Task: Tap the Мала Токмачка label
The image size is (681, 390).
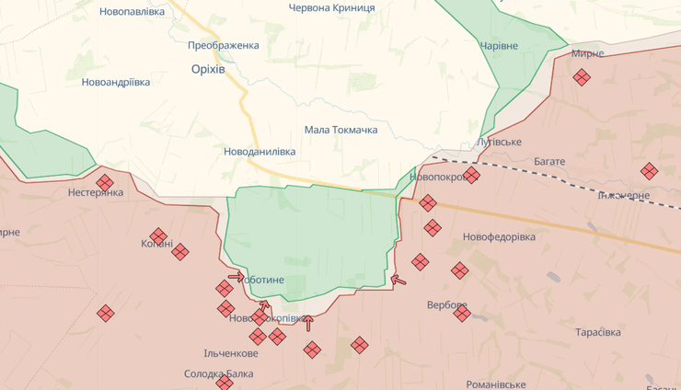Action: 340,130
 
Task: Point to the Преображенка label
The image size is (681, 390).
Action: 223,45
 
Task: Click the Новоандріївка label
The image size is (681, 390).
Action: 116,82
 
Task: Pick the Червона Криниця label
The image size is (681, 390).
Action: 331,7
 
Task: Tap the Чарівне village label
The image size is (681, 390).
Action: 499,46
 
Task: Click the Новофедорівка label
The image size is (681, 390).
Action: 499,236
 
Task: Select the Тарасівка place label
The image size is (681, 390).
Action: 597,332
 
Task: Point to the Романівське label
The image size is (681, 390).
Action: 496,384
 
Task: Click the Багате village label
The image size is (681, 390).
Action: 549,161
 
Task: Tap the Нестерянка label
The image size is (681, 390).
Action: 96,193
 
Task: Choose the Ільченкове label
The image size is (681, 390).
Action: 231,353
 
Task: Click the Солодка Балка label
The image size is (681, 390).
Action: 218,374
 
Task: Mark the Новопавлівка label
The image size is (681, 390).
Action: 132,11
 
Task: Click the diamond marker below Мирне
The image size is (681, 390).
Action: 582,77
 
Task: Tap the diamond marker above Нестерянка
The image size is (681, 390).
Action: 105,182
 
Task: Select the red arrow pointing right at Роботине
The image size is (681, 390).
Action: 236,276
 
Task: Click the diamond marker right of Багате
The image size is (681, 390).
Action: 650,170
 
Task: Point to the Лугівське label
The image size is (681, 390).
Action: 500,142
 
